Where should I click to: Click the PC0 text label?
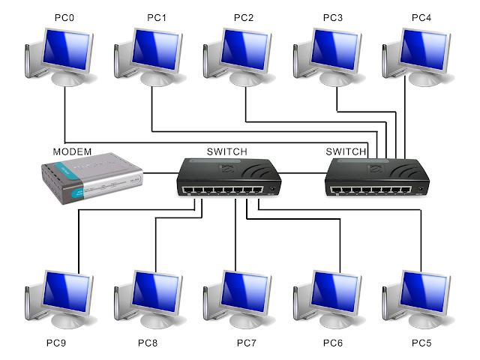pyautogui.click(x=64, y=18)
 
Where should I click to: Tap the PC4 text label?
pyautogui.click(x=421, y=18)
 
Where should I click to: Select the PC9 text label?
pyautogui.click(x=56, y=343)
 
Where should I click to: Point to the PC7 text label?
pyautogui.click(x=247, y=343)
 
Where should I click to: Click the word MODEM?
pyautogui.click(x=72, y=151)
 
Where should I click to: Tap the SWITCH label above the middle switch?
pyautogui.click(x=226, y=151)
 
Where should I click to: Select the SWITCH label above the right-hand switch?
pyautogui.click(x=346, y=151)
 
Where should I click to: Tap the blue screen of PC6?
pyautogui.click(x=334, y=292)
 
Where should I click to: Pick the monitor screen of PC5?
pyautogui.click(x=423, y=292)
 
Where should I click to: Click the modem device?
pyautogui.click(x=91, y=178)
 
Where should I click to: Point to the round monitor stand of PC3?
pyautogui.click(x=334, y=79)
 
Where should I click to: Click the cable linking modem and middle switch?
pyautogui.click(x=160, y=173)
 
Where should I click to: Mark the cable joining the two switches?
pyautogui.click(x=303, y=173)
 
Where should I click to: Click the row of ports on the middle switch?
pyautogui.click(x=223, y=190)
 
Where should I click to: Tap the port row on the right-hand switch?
pyautogui.click(x=371, y=190)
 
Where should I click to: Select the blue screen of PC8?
pyautogui.click(x=155, y=292)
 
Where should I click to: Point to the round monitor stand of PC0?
pyautogui.click(x=67, y=79)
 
